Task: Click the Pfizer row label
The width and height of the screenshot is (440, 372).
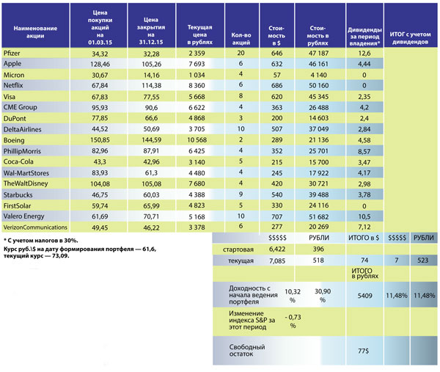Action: click(x=12, y=53)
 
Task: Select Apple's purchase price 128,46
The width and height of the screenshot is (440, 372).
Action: click(x=100, y=64)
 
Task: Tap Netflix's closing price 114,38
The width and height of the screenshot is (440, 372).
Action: click(x=151, y=85)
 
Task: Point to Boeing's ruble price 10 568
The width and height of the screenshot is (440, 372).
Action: click(x=197, y=140)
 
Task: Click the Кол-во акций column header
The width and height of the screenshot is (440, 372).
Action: click(x=241, y=39)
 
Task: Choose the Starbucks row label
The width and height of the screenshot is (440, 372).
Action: click(x=18, y=194)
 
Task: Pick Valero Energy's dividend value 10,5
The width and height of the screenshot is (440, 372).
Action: click(x=364, y=216)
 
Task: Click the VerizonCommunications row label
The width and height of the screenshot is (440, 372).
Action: click(x=35, y=227)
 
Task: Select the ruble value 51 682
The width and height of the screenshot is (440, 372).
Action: click(x=318, y=216)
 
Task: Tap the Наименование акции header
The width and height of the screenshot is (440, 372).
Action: click(x=35, y=32)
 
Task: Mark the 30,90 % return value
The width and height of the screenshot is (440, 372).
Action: click(x=323, y=296)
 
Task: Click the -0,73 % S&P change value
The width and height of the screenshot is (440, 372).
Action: click(x=293, y=321)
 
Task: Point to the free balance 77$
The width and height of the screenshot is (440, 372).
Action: click(x=364, y=351)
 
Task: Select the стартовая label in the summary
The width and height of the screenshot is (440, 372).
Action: click(x=238, y=249)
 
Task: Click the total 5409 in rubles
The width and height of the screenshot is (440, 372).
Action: click(x=364, y=296)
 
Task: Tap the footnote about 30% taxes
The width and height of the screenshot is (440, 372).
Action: click(x=41, y=241)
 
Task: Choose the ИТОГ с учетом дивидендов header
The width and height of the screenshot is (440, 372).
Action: click(x=410, y=38)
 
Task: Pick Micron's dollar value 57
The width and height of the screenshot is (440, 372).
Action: click(x=277, y=75)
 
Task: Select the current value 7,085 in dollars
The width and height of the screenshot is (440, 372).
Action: click(x=277, y=260)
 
